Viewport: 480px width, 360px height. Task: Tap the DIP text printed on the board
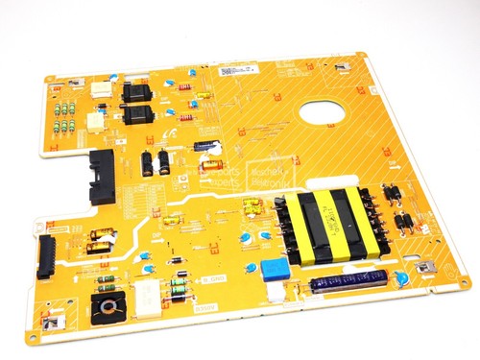click(x=156, y=235)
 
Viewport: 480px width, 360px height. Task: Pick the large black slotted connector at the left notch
click(x=104, y=176)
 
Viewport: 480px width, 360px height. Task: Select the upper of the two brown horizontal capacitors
click(x=101, y=233)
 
